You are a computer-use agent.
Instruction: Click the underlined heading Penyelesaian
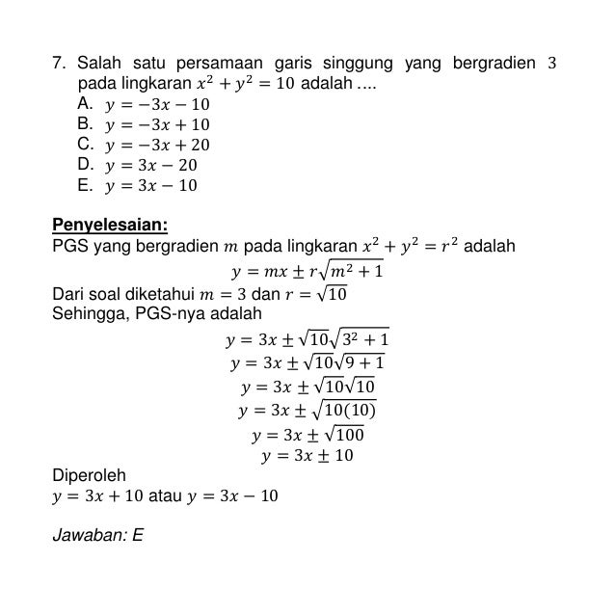tap(109, 226)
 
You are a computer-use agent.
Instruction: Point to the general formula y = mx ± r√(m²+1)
tap(307, 271)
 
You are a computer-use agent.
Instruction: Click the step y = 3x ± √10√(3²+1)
tap(307, 339)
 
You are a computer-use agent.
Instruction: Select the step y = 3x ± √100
tap(307, 433)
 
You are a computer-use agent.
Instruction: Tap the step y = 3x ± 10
tap(307, 455)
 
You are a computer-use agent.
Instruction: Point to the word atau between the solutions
tap(168, 496)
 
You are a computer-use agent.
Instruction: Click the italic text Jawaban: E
tap(97, 532)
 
